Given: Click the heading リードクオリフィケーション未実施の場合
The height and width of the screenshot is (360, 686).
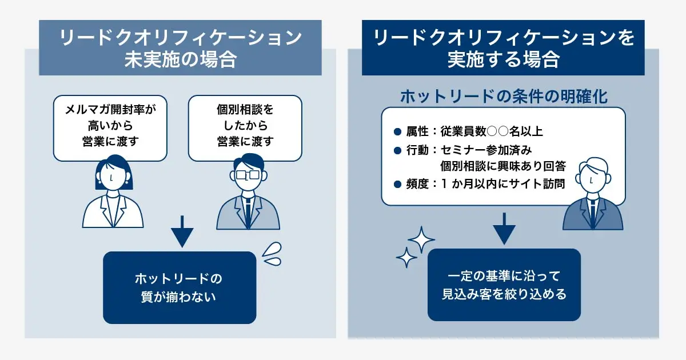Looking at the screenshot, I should (x=180, y=48).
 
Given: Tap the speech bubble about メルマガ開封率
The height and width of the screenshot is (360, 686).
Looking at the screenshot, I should (x=110, y=128).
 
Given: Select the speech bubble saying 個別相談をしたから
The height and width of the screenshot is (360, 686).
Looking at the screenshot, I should (x=245, y=128).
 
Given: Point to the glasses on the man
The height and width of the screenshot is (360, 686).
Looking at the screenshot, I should (x=248, y=174).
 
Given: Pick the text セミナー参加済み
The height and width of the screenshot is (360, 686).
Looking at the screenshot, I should (x=486, y=150).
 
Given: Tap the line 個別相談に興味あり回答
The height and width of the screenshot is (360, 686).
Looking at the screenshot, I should (x=503, y=166).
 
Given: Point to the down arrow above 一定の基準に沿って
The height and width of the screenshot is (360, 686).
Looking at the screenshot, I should (x=504, y=228).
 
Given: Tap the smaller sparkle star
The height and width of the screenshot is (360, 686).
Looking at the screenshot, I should (x=406, y=258).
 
